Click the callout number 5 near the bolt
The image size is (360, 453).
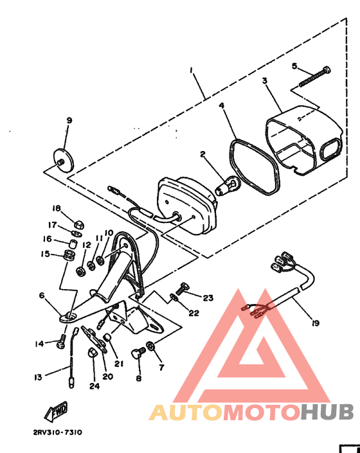click(295, 66)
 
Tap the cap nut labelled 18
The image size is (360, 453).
click(78, 222)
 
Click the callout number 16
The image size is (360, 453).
click(47, 238)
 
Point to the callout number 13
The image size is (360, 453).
click(38, 377)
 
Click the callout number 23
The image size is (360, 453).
click(208, 298)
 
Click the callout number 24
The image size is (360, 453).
click(94, 386)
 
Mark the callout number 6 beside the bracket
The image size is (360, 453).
click(42, 296)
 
